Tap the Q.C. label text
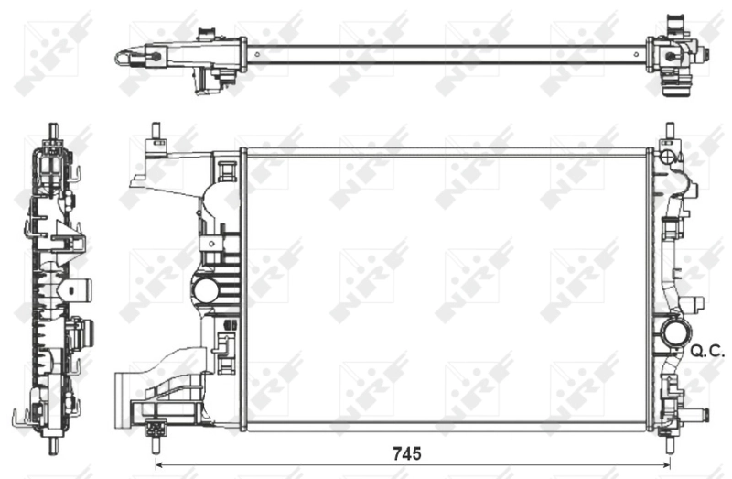pos(708,349)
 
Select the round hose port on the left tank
pos(205,291)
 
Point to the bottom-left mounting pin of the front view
pos(156,444)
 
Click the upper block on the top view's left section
pos(209,36)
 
